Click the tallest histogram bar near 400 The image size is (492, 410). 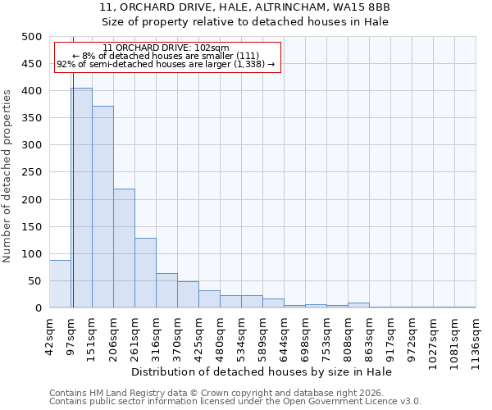tap(81, 198)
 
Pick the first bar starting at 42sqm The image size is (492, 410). tap(60, 284)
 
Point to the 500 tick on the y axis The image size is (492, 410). tap(31, 37)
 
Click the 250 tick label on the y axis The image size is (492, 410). tap(31, 172)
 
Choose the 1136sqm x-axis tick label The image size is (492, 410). tap(476, 335)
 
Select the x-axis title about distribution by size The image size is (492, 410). tap(262, 371)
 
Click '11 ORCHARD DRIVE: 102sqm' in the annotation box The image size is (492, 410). tap(166, 48)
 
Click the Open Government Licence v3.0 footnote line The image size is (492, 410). tap(235, 401)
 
